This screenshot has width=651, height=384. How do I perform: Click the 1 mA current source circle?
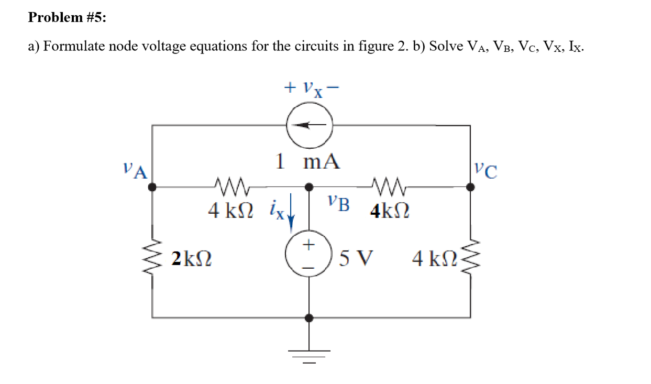(x=308, y=126)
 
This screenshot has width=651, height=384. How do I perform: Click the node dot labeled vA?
(x=152, y=186)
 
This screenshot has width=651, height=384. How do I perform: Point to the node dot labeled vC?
(x=470, y=186)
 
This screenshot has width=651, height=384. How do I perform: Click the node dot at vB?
(x=309, y=186)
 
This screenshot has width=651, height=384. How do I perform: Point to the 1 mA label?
(x=308, y=161)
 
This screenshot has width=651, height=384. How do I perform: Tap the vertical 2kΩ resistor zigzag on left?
(x=153, y=257)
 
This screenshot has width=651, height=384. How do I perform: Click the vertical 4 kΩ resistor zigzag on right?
(x=470, y=257)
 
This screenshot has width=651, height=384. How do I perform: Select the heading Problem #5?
(x=67, y=18)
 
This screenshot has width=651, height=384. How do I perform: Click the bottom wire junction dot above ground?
(x=309, y=317)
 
